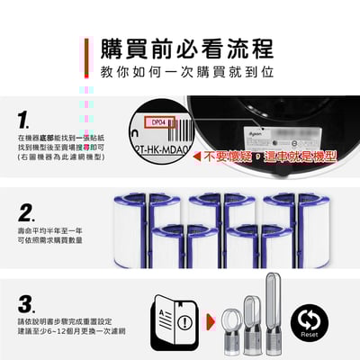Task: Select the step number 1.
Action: pos(24,119)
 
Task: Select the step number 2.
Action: pos(27,213)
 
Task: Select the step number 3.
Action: pos(26,303)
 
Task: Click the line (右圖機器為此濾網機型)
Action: pos(60,157)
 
